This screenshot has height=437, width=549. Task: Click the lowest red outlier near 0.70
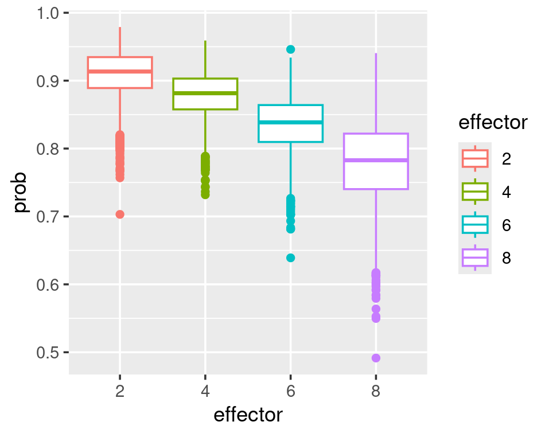pos(120,214)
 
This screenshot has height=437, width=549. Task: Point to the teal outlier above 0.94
pos(291,49)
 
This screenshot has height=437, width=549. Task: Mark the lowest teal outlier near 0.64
pos(291,258)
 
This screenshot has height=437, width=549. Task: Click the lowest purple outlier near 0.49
pos(376,358)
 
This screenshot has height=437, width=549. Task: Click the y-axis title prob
pos(21,193)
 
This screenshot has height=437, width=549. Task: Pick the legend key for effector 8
pos(475,258)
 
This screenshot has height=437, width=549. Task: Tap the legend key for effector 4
pos(475,192)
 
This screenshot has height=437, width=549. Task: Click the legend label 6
pos(506,225)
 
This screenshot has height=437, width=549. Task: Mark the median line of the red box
pos(120,71)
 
